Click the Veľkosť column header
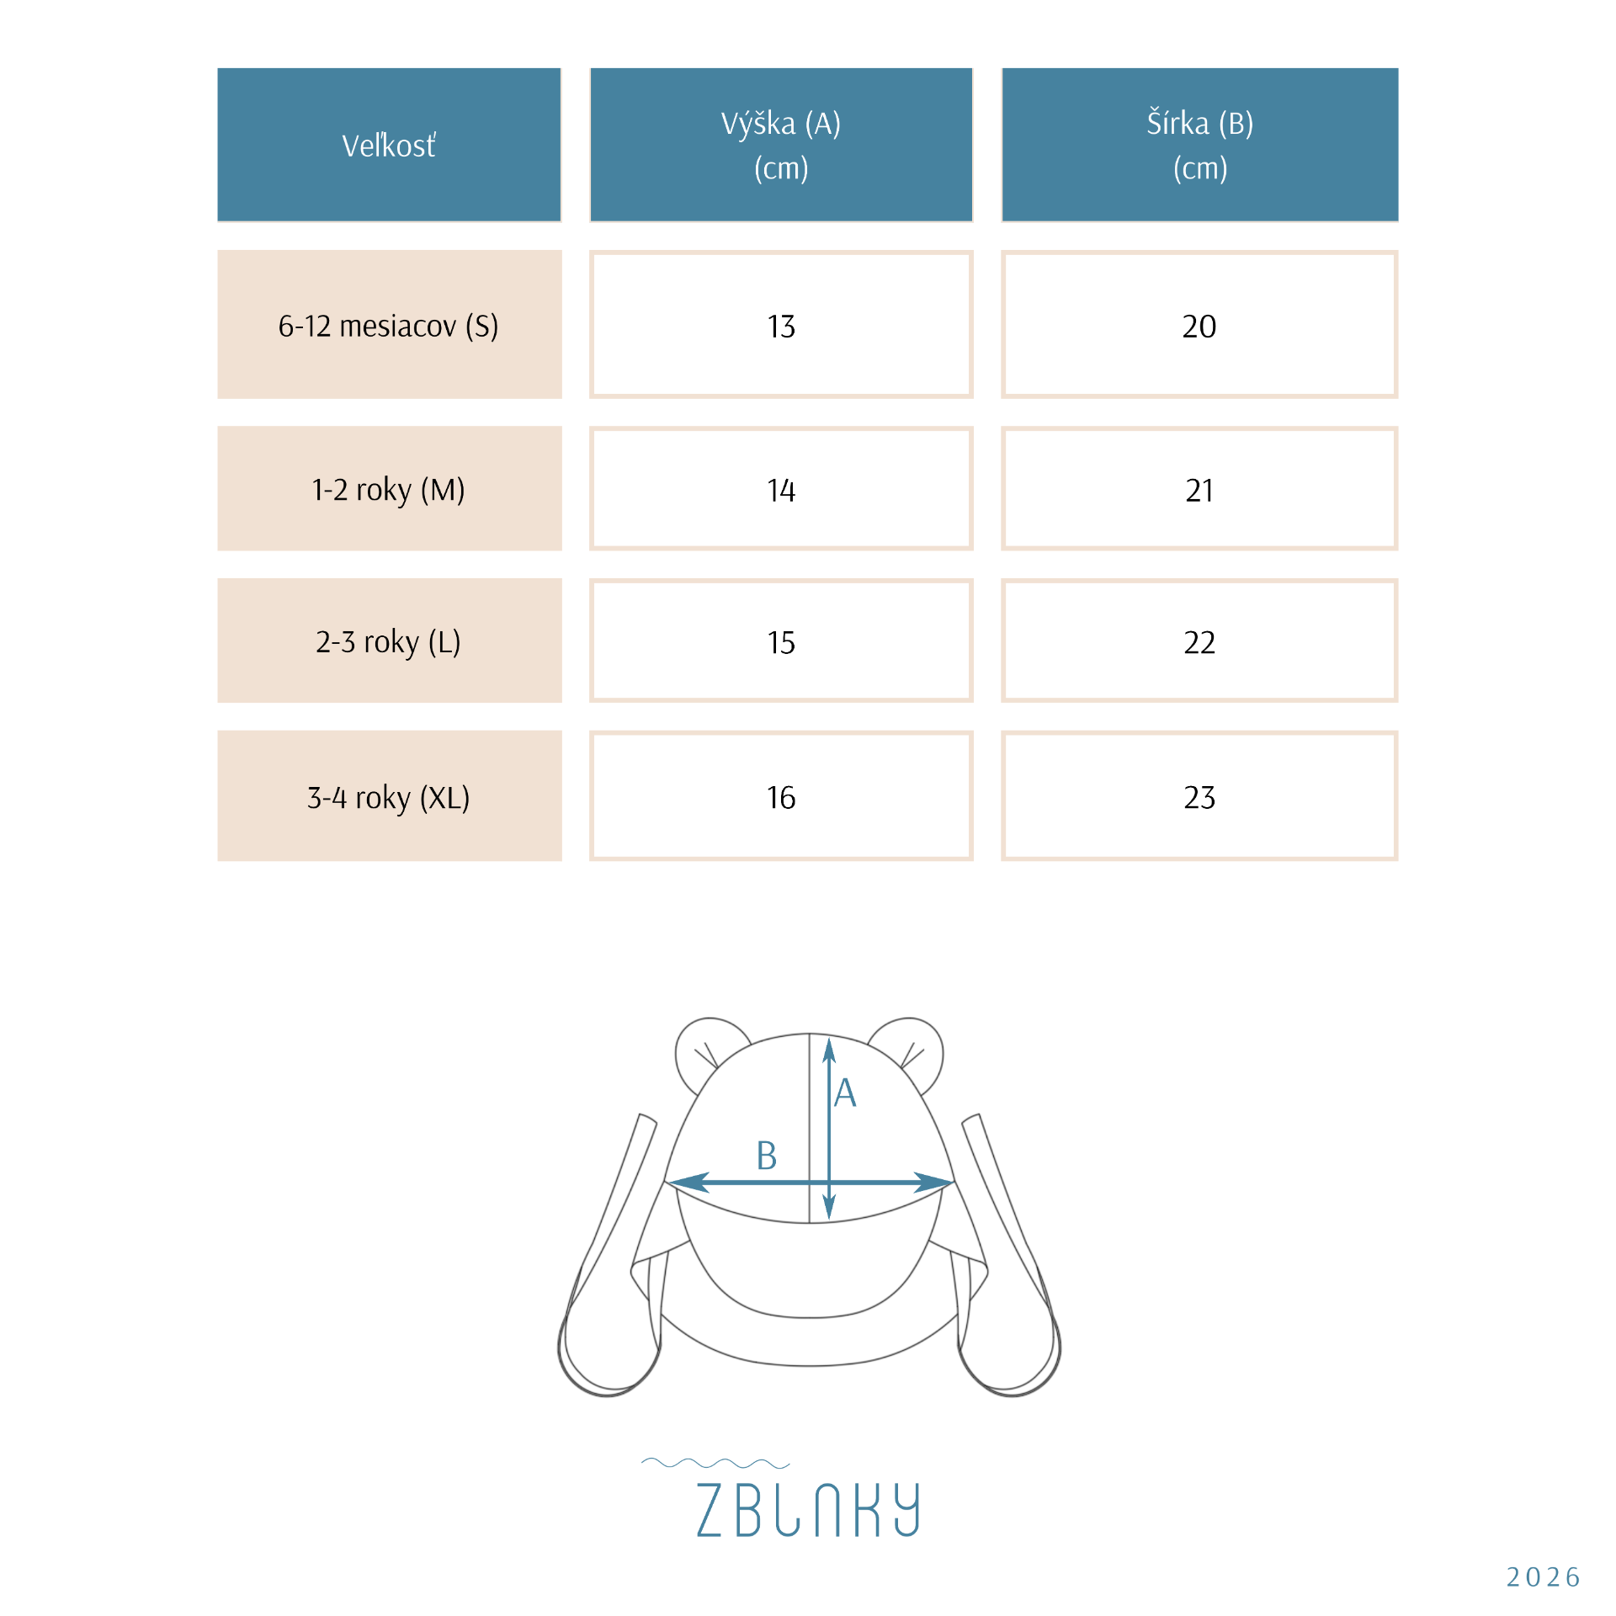click(389, 146)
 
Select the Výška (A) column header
click(781, 145)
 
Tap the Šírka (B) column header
click(1200, 145)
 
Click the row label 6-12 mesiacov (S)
click(389, 326)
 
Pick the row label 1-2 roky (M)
click(389, 489)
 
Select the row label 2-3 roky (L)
click(389, 641)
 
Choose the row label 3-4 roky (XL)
click(389, 797)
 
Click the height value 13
click(781, 327)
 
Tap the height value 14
click(781, 491)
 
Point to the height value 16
click(781, 798)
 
